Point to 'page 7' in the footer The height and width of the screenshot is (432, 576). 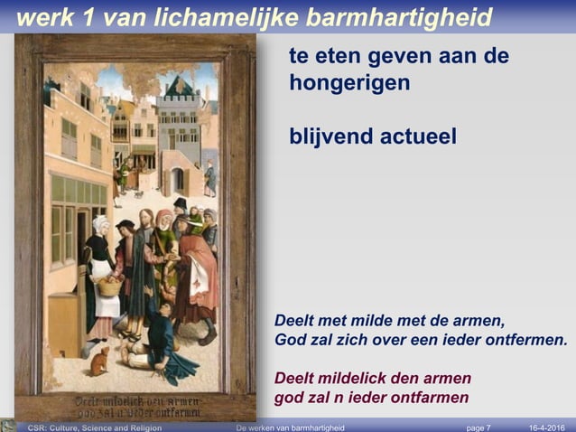pyautogui.click(x=478, y=427)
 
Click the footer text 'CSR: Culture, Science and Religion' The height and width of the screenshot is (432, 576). pyautogui.click(x=95, y=427)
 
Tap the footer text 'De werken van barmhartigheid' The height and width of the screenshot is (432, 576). pyautogui.click(x=290, y=427)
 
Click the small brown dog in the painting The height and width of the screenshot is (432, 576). pyautogui.click(x=99, y=362)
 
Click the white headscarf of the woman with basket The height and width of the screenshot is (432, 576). pyautogui.click(x=100, y=224)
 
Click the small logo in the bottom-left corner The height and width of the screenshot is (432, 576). pyautogui.click(x=9, y=425)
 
